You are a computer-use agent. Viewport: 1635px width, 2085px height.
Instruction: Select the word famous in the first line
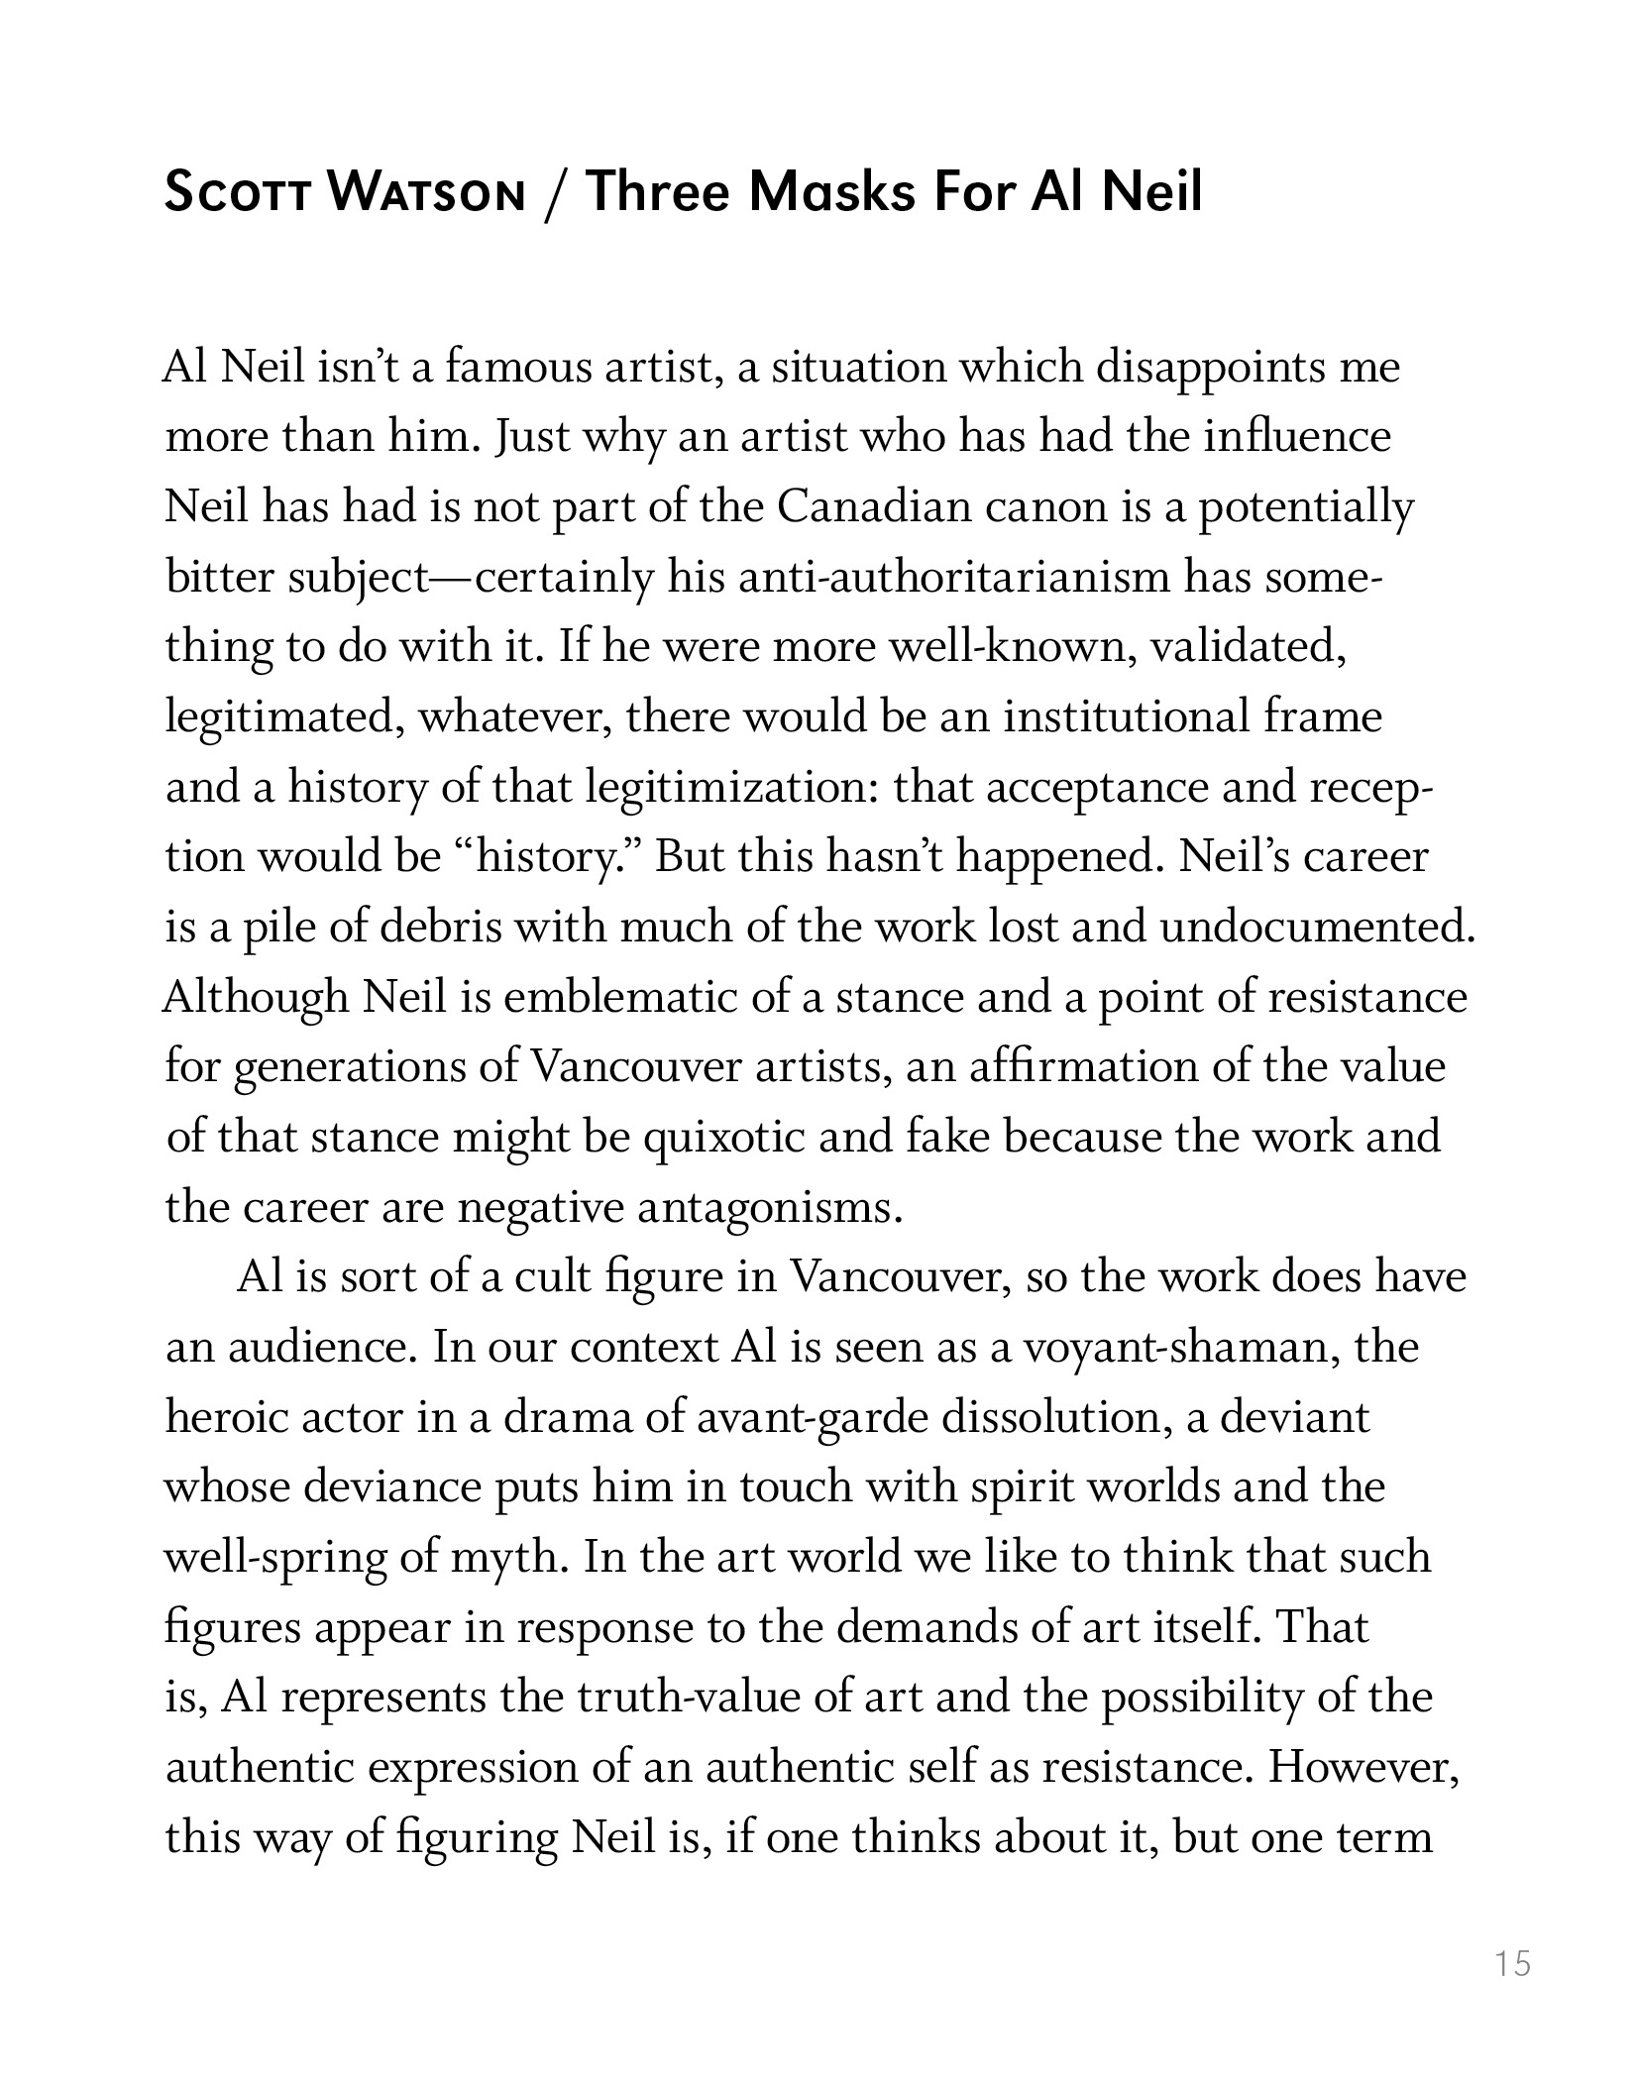pos(512,368)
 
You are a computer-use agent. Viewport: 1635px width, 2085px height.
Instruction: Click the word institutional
pos(1126,717)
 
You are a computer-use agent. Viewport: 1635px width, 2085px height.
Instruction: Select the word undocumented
pos(1317,928)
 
